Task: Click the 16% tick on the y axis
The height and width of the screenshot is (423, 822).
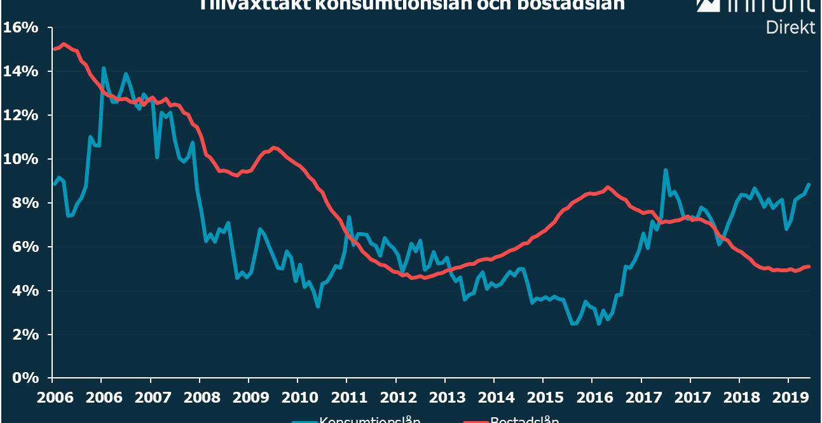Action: tap(21, 28)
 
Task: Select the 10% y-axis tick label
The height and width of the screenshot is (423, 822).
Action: tap(21, 159)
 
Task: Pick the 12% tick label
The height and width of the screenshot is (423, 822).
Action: tap(21, 115)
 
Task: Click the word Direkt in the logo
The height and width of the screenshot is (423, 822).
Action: tap(790, 27)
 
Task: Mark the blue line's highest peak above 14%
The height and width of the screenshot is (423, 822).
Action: tap(103, 67)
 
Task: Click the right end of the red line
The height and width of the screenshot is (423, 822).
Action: tap(809, 267)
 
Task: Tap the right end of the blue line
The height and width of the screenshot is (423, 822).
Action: tap(809, 184)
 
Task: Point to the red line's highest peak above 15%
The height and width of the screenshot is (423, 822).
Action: tap(64, 44)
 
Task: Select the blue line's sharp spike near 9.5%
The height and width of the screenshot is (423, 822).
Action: tap(665, 170)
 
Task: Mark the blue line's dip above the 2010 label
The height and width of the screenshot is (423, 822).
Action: tap(317, 307)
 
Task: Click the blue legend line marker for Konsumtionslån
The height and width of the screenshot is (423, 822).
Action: tap(304, 421)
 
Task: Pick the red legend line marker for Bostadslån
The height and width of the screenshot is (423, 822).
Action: tap(475, 421)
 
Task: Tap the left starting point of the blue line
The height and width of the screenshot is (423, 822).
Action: tap(54, 184)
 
